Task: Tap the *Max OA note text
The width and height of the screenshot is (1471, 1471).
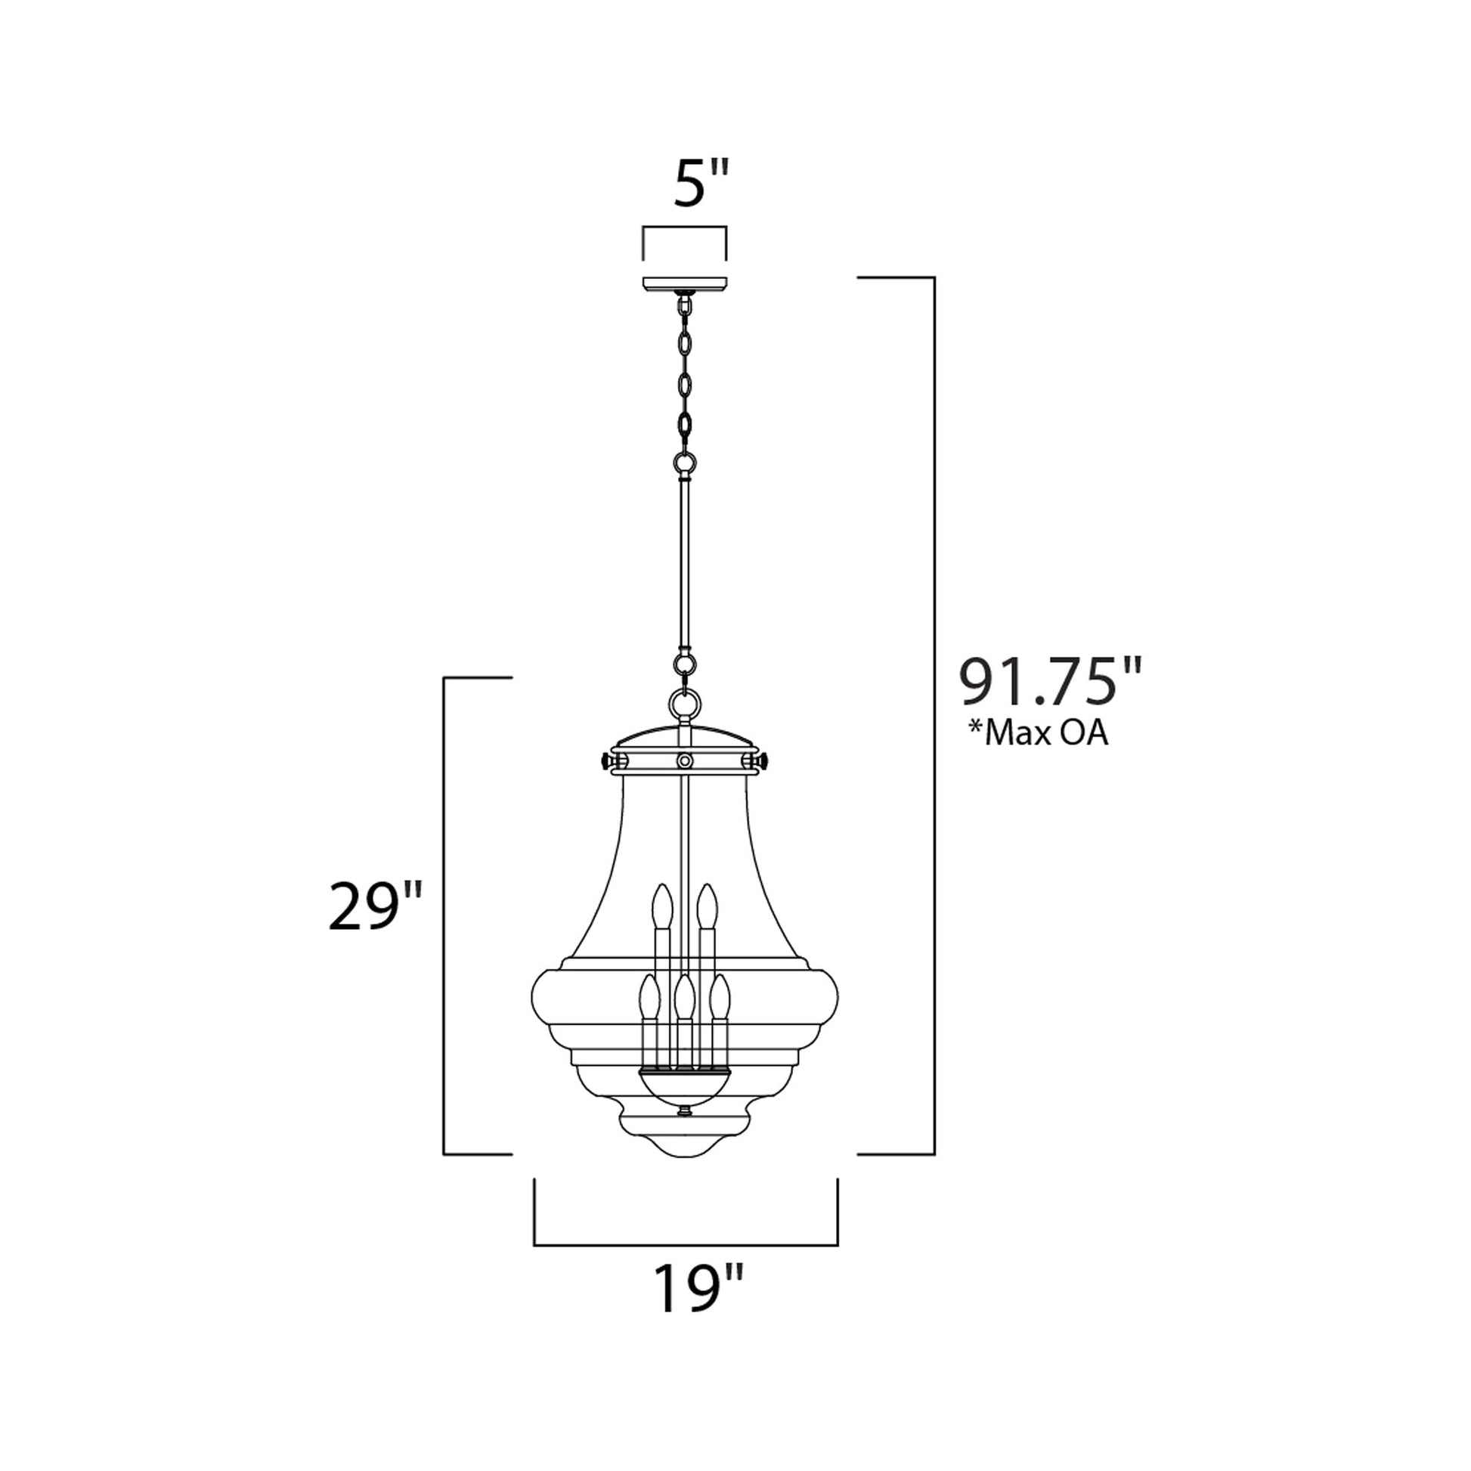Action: pos(1038,734)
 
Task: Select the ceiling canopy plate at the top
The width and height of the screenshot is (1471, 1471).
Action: pos(685,285)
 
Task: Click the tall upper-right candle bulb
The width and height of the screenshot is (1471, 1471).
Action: pos(708,905)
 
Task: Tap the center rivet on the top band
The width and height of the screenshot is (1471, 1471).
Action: pos(685,760)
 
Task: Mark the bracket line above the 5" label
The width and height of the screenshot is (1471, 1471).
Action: pos(685,227)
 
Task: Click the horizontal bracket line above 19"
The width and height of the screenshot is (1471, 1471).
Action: pos(686,1245)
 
